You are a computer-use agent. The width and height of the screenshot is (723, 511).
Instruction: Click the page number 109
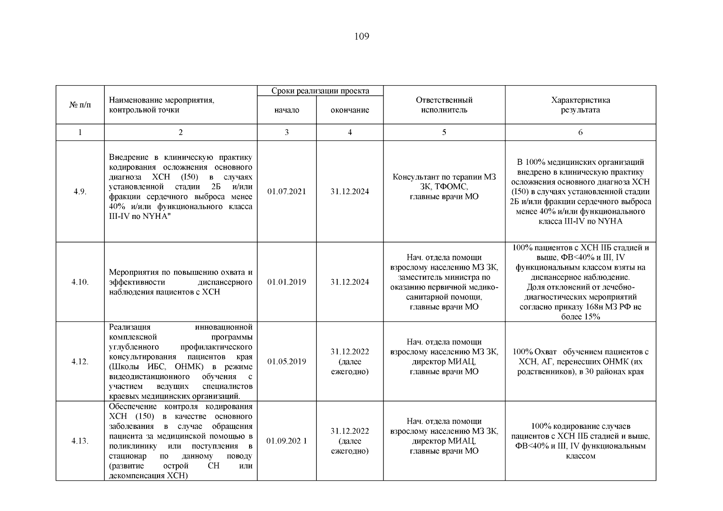(361, 37)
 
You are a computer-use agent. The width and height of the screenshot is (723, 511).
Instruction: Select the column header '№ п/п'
(80, 105)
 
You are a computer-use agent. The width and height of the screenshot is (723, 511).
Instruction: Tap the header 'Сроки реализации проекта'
(320, 91)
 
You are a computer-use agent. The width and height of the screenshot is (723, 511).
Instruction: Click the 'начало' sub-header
(287, 110)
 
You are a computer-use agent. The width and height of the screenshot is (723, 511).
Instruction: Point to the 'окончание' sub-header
(350, 110)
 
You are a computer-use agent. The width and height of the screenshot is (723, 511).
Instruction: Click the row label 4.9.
(80, 192)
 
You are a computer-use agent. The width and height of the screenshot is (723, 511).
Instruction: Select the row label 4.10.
(80, 282)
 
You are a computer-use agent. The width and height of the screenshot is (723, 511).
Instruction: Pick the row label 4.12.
(80, 362)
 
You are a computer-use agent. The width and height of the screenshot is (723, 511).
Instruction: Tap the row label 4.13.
(80, 441)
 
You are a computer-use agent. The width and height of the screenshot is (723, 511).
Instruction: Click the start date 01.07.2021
(287, 192)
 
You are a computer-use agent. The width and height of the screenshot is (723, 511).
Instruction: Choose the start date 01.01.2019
(287, 282)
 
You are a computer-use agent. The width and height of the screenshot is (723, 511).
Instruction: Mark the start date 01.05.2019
(287, 362)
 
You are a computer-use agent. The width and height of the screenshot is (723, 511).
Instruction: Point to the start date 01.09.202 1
(287, 441)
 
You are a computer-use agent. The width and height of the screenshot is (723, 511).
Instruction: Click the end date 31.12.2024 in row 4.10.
(350, 282)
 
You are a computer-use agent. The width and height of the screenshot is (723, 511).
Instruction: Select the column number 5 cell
(444, 132)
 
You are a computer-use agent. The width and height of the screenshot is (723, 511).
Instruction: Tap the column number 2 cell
(181, 132)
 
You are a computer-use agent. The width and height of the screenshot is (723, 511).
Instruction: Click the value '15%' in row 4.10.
(592, 317)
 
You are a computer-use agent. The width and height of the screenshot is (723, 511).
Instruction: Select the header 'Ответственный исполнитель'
(444, 105)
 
